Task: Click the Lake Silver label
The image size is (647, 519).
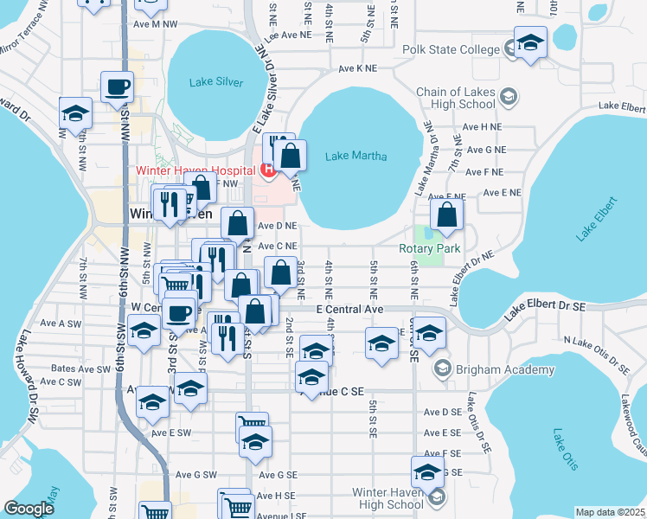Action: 216,83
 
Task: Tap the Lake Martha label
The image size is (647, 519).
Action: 356,157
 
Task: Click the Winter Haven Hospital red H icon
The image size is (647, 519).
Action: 268,169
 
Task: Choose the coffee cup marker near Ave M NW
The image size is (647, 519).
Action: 117,86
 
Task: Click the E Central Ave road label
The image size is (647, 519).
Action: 349,309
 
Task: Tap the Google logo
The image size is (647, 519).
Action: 29,509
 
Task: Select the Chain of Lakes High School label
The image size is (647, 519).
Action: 456,98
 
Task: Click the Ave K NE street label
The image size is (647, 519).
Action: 358,67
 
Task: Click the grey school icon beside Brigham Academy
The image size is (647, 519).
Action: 443,369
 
